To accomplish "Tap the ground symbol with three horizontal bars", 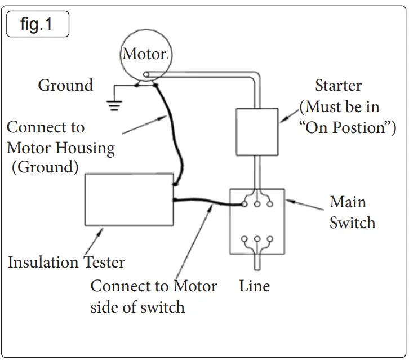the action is [114, 105].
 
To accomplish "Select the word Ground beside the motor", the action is [65, 85].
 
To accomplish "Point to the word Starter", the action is [339, 85].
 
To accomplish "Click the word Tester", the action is [104, 262].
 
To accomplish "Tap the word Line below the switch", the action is [254, 286].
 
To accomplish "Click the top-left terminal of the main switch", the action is [244, 204].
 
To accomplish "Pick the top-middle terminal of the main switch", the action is [257, 204].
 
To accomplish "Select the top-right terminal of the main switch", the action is [270, 204].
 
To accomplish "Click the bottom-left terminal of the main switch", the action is [244, 239].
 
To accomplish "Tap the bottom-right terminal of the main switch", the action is [270, 239].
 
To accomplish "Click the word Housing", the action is [85, 149].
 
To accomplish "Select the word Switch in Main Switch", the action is [353, 223].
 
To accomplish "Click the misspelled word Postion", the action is [359, 127].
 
